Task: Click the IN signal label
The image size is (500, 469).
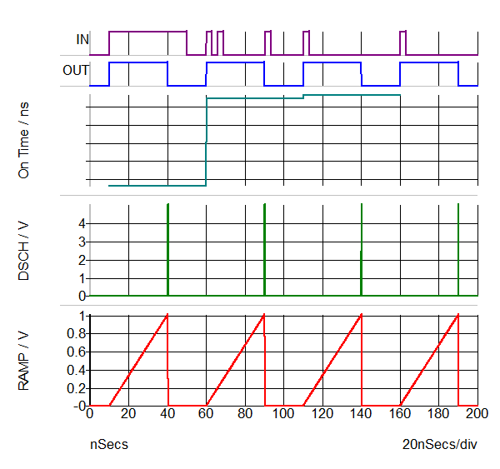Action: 82,39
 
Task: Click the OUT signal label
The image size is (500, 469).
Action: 76,70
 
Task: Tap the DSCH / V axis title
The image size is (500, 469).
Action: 24,248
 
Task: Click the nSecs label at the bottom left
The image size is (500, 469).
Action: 109,444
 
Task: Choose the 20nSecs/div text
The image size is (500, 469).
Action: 439,444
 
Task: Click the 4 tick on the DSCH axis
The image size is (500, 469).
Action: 82,223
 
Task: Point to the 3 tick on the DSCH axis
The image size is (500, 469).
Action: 82,242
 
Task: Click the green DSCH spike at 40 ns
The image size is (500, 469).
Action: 167,250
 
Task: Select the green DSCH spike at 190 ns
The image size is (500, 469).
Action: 458,250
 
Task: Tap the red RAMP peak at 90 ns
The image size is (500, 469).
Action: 263,316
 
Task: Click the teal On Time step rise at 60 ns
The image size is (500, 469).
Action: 206,142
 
